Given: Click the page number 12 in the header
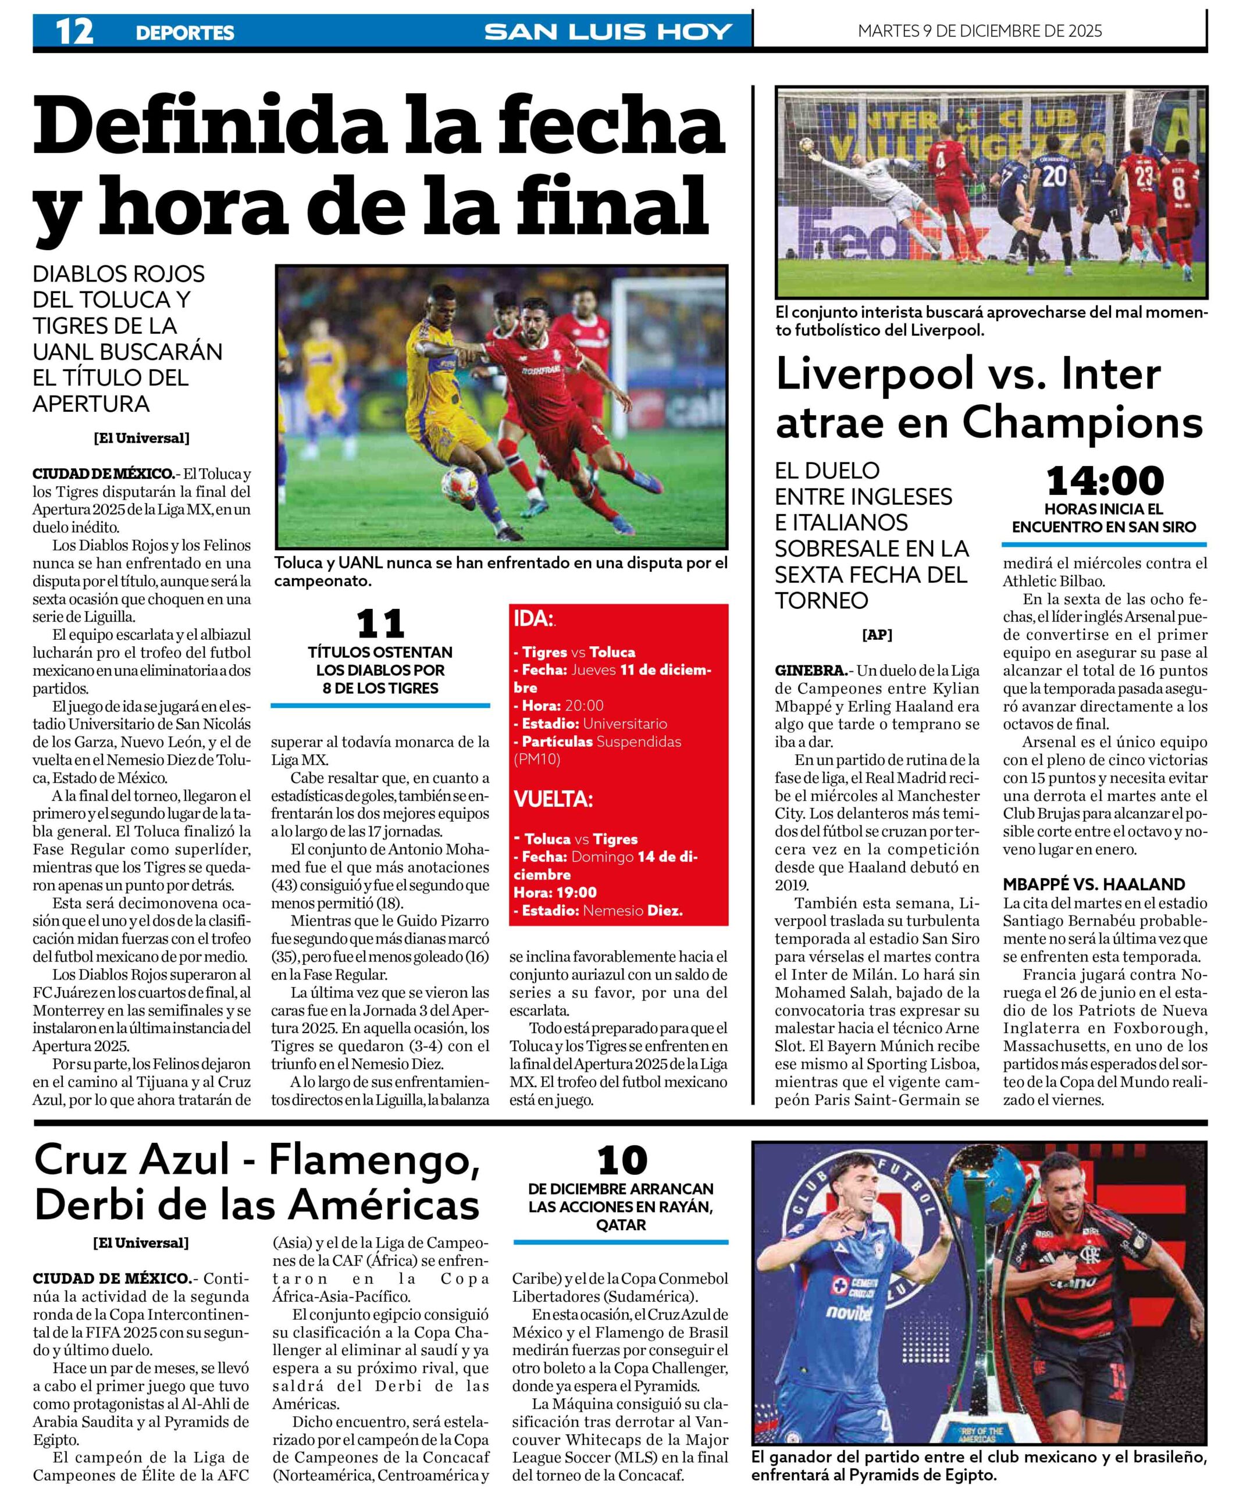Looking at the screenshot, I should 74,32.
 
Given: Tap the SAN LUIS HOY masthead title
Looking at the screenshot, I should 608,32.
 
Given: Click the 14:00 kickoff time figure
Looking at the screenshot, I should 1104,481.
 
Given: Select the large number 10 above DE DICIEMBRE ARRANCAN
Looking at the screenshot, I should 621,1162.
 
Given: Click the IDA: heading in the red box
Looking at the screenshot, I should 533,619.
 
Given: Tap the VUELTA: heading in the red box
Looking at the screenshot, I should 553,799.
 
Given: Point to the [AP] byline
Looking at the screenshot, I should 877,635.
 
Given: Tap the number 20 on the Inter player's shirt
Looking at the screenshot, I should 1055,176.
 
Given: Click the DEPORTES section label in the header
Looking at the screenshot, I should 184,33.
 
